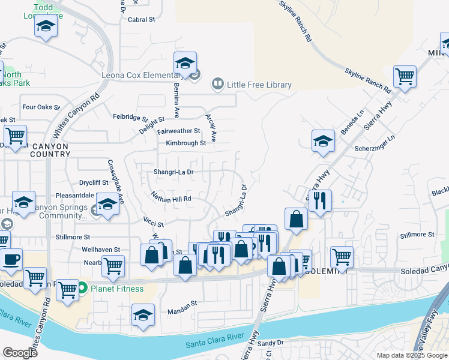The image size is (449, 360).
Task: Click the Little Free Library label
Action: click(259, 85)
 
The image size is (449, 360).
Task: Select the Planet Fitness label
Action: click(117, 289)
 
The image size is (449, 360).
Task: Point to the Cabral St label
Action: click(142, 19)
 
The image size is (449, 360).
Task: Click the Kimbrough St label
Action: click(185, 143)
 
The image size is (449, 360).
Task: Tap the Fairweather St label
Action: click(179, 131)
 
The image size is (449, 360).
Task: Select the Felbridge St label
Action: click(130, 117)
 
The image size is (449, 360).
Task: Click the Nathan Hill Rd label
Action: click(171, 199)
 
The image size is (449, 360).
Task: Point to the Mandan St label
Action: click(182, 304)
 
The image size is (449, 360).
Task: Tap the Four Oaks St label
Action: click(41, 108)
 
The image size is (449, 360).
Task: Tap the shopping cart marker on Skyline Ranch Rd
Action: click(405, 77)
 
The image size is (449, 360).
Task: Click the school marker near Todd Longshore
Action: click(46, 26)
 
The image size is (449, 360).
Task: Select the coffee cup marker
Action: click(11, 259)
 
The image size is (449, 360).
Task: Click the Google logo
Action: click(20, 353)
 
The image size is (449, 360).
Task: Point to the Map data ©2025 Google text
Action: click(411, 355)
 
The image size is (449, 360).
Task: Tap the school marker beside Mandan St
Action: click(143, 314)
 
